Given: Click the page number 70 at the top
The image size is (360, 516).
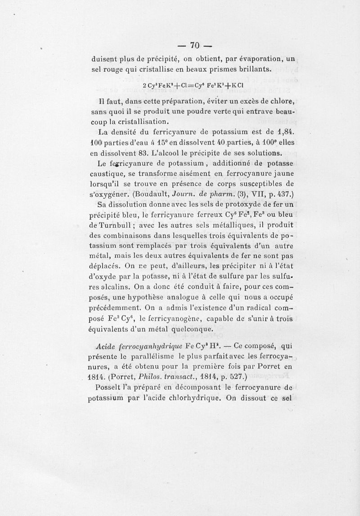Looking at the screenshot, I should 194,45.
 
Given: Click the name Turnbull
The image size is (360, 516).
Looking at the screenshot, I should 118,226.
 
